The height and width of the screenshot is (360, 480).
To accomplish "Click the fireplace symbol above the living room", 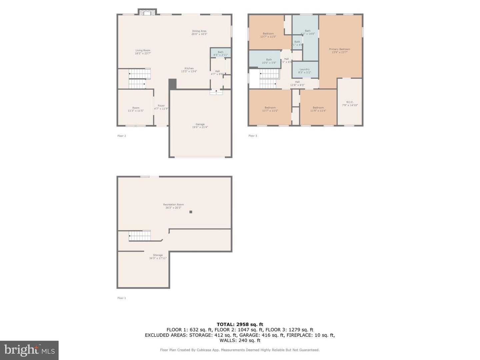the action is click(147, 12).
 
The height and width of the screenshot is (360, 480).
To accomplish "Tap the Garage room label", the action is click(200, 126).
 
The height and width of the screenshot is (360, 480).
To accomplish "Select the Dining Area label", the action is click(199, 32).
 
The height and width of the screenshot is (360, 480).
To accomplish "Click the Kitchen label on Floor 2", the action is click(189, 70).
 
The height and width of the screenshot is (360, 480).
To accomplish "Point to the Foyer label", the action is click(161, 107).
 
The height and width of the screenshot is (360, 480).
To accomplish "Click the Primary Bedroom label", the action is click(339, 51).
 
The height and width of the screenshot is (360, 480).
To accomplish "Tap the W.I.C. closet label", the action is click(350, 104).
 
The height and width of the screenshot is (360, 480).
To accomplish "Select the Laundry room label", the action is click(304, 71).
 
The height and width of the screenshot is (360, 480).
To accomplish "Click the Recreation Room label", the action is click(173, 206).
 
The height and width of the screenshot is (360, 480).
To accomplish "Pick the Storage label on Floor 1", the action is click(158, 256).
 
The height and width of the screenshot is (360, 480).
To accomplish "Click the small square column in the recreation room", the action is click(191, 212).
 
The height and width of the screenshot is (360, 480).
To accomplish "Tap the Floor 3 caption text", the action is click(253, 136).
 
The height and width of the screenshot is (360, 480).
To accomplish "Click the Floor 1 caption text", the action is click(122, 298).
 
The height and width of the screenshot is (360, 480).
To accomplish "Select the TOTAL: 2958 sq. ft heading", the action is click(240, 324).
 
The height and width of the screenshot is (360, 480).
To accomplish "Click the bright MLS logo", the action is click(29, 350).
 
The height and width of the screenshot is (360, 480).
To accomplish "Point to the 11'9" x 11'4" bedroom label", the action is click(318, 109).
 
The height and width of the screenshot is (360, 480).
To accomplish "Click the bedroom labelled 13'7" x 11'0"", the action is click(268, 35).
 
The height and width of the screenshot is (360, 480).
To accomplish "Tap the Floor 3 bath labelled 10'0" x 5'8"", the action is click(269, 61).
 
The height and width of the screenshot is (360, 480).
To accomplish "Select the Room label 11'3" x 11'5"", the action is click(136, 109).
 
